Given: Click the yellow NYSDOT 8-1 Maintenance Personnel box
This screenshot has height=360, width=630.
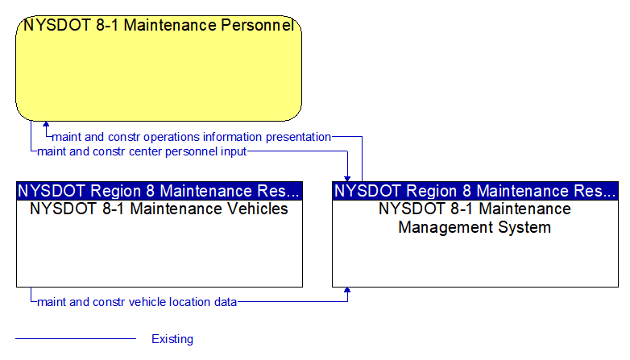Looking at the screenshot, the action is point(159,68).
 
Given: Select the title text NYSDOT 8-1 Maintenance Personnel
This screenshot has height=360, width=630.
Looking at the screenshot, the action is point(159,25).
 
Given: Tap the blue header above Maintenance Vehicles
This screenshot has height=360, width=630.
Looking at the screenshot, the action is point(160,191).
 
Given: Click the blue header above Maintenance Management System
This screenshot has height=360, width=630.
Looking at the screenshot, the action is point(475,191).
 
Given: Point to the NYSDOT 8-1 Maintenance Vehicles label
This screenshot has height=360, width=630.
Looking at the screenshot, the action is point(159,209).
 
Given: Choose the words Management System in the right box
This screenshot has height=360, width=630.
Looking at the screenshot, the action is point(475,227).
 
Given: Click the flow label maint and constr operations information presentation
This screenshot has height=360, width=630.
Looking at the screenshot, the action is point(191,137).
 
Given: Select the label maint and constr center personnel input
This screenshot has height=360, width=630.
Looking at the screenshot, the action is point(142,151).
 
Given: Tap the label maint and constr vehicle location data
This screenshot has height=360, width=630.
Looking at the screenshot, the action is point(137,302).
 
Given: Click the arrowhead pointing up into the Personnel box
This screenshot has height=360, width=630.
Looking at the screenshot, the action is point(46,125).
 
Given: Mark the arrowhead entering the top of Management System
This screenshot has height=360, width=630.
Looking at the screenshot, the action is point(347,179).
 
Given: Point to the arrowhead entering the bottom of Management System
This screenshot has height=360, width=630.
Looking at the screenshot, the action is point(347,291).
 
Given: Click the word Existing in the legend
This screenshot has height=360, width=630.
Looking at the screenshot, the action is point(172,339).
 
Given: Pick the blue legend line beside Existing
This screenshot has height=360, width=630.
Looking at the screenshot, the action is point(76,339).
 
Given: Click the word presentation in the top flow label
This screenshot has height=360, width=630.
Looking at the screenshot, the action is point(299,137).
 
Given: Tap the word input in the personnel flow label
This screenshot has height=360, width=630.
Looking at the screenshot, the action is point(234,152).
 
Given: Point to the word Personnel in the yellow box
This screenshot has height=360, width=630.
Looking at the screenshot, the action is point(258,25).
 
